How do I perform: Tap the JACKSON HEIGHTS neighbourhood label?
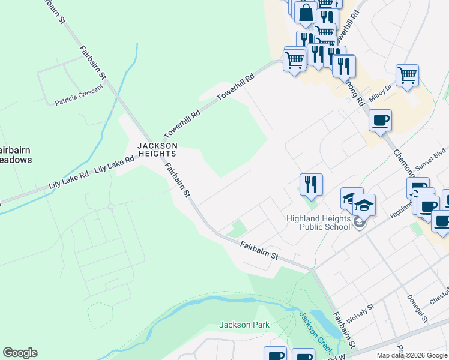(x=157, y=149)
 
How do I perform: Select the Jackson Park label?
(x=244, y=325)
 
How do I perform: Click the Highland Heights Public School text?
(x=318, y=223)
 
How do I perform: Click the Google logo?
(x=20, y=353)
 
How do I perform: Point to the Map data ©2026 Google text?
(x=412, y=355)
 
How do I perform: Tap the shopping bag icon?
(x=306, y=13)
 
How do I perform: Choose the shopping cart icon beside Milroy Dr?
(x=407, y=75)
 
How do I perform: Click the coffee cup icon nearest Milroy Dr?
(x=381, y=120)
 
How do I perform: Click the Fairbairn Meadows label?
(x=14, y=155)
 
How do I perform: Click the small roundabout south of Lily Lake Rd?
(x=111, y=207)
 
